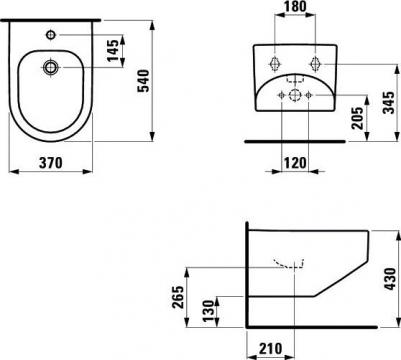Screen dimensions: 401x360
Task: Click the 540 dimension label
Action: (x=144, y=81)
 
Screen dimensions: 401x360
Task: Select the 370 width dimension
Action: (x=51, y=163)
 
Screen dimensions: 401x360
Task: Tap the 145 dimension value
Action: (x=113, y=50)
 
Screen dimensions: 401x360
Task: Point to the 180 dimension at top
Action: (x=294, y=6)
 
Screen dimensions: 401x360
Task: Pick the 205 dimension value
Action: (x=358, y=118)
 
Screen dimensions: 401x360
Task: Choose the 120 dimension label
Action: (x=295, y=163)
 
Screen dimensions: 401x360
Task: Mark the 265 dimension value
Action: (x=178, y=297)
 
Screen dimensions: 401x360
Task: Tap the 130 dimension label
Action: (x=208, y=311)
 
